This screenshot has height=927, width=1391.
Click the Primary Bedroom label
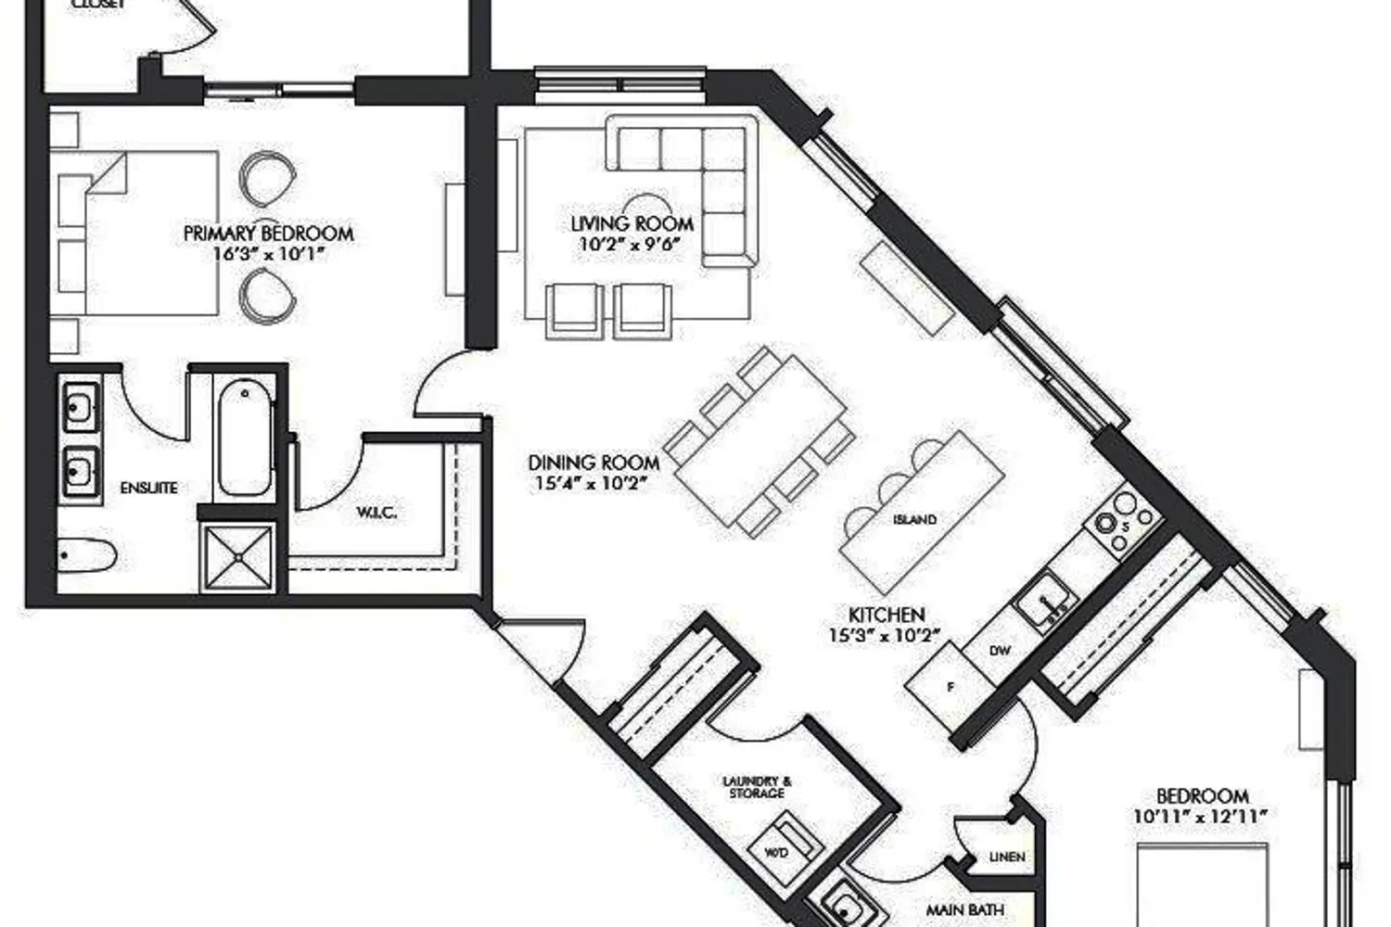(268, 233)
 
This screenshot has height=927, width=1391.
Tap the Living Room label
(632, 223)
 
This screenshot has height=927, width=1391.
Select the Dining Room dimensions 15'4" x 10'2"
(590, 483)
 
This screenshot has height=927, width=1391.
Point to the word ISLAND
(914, 520)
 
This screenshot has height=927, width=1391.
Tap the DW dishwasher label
(999, 650)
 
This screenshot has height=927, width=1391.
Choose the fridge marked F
(949, 687)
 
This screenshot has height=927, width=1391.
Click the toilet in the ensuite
(85, 555)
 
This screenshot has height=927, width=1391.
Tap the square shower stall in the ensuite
(238, 557)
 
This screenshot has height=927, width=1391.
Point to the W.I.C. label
(376, 512)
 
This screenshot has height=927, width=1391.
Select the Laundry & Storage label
(757, 787)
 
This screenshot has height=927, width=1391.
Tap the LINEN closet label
(1005, 857)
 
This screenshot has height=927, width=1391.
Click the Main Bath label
(964, 910)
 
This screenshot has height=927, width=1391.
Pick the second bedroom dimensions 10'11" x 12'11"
(1200, 817)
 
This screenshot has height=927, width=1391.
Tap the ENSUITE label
(148, 488)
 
